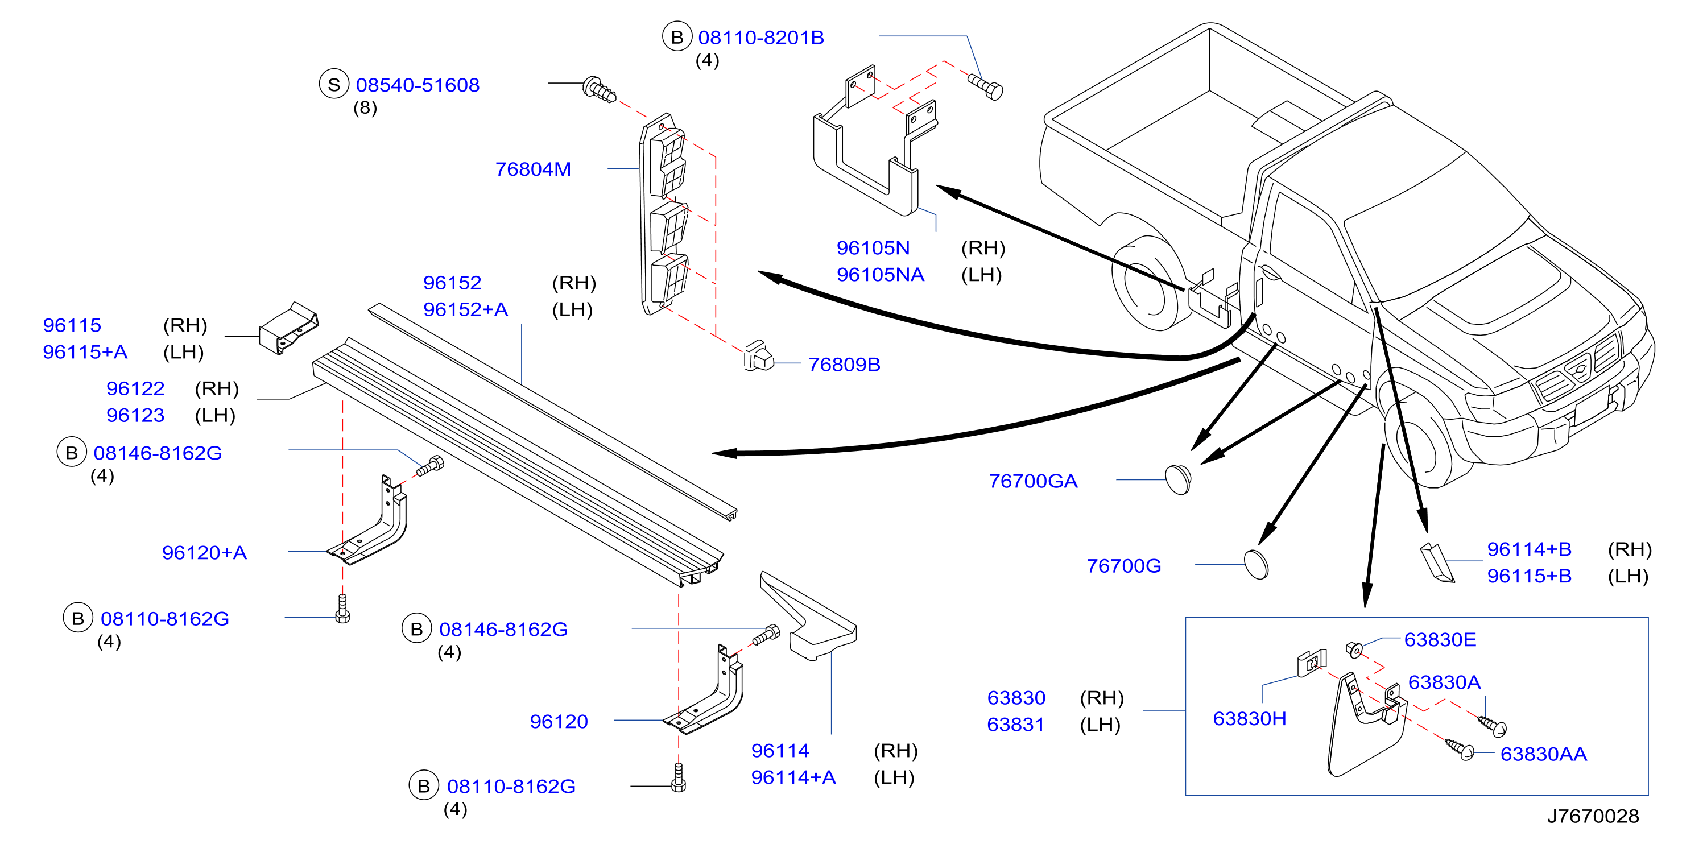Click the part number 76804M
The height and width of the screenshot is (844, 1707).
[533, 169]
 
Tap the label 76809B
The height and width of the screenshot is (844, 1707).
[844, 365]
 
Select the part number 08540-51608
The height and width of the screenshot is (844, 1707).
[418, 85]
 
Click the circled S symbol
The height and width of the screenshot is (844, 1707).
[334, 85]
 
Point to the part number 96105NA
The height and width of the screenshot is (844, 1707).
[880, 274]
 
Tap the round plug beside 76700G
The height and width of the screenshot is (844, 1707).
[1256, 564]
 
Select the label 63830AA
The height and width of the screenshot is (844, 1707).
[1543, 754]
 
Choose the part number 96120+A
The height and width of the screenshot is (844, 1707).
[204, 552]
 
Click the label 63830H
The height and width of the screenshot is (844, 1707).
[1249, 719]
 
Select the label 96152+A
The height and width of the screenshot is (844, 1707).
[465, 309]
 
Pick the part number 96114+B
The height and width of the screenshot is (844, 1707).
[1529, 549]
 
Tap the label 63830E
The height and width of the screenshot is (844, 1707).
[1440, 640]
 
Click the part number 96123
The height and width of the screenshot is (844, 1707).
[135, 415]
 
